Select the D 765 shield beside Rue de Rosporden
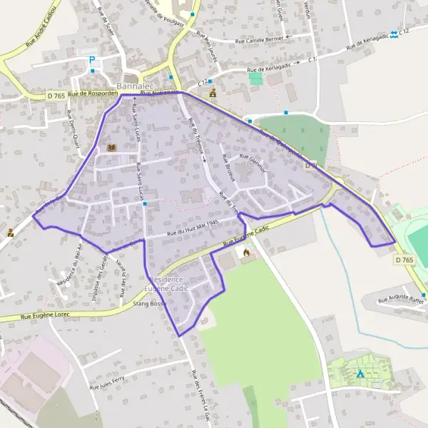56,95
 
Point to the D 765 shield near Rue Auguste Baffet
404,260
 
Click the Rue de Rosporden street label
93,94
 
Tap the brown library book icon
111,148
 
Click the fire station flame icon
246,253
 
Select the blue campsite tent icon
360,372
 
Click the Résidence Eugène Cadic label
163,283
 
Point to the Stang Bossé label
149,303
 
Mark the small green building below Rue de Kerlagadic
255,78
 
